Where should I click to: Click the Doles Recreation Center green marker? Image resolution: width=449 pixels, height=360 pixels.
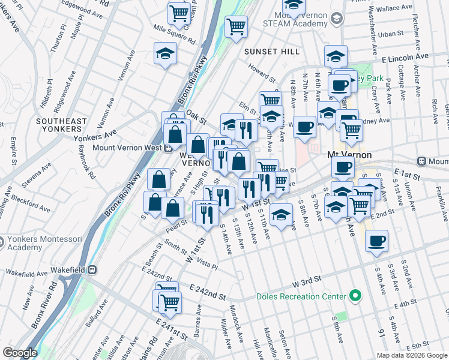(355, 296)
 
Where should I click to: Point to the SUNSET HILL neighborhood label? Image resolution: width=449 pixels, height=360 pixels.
(272, 52)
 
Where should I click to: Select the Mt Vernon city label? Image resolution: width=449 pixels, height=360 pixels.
(348, 155)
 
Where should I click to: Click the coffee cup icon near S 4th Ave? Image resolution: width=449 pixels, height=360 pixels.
(376, 241)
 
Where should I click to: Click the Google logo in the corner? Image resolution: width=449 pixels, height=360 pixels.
(20, 353)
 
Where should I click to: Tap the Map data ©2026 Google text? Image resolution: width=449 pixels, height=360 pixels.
(412, 355)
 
